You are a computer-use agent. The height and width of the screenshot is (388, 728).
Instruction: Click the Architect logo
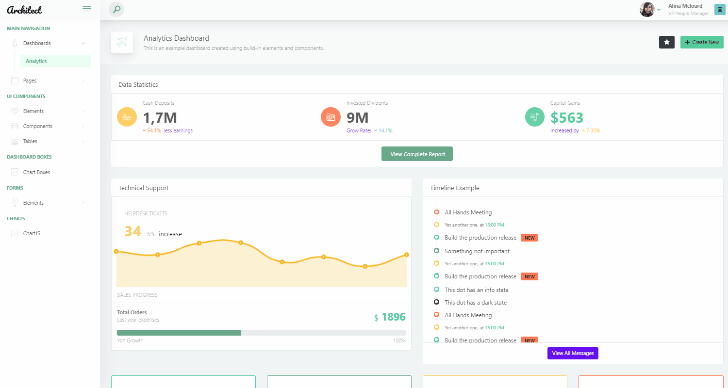click(x=25, y=10)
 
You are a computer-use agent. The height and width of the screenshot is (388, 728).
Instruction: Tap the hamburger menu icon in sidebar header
click(x=87, y=9)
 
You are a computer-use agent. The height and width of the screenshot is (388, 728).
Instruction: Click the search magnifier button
click(x=116, y=9)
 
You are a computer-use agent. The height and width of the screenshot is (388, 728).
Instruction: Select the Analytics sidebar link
click(x=36, y=61)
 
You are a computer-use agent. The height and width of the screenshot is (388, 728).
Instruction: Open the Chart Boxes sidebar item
click(x=36, y=172)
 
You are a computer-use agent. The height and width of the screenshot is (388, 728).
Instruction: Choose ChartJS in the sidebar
click(x=32, y=233)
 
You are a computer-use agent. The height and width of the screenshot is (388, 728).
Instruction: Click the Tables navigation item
click(x=30, y=141)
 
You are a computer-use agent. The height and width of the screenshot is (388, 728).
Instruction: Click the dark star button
click(x=666, y=42)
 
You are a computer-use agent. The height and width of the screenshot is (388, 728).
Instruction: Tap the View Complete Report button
click(x=417, y=154)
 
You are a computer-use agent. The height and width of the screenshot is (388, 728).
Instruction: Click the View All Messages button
click(x=573, y=353)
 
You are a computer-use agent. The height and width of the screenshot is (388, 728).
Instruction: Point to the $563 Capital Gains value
click(x=566, y=117)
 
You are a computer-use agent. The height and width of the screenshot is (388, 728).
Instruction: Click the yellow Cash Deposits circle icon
click(x=127, y=117)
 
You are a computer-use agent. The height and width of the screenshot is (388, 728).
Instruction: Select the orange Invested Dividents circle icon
click(x=331, y=117)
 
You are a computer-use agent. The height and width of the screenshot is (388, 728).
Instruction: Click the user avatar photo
click(x=647, y=10)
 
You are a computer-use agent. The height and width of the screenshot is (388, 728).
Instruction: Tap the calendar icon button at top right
click(x=719, y=9)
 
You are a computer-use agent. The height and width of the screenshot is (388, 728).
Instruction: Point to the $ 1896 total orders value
click(x=390, y=317)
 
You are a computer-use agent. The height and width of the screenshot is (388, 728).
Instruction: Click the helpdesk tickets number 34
click(x=132, y=231)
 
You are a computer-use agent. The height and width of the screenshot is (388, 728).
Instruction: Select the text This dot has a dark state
click(x=475, y=303)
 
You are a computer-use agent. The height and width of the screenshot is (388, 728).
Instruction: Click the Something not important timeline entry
click(x=477, y=251)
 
